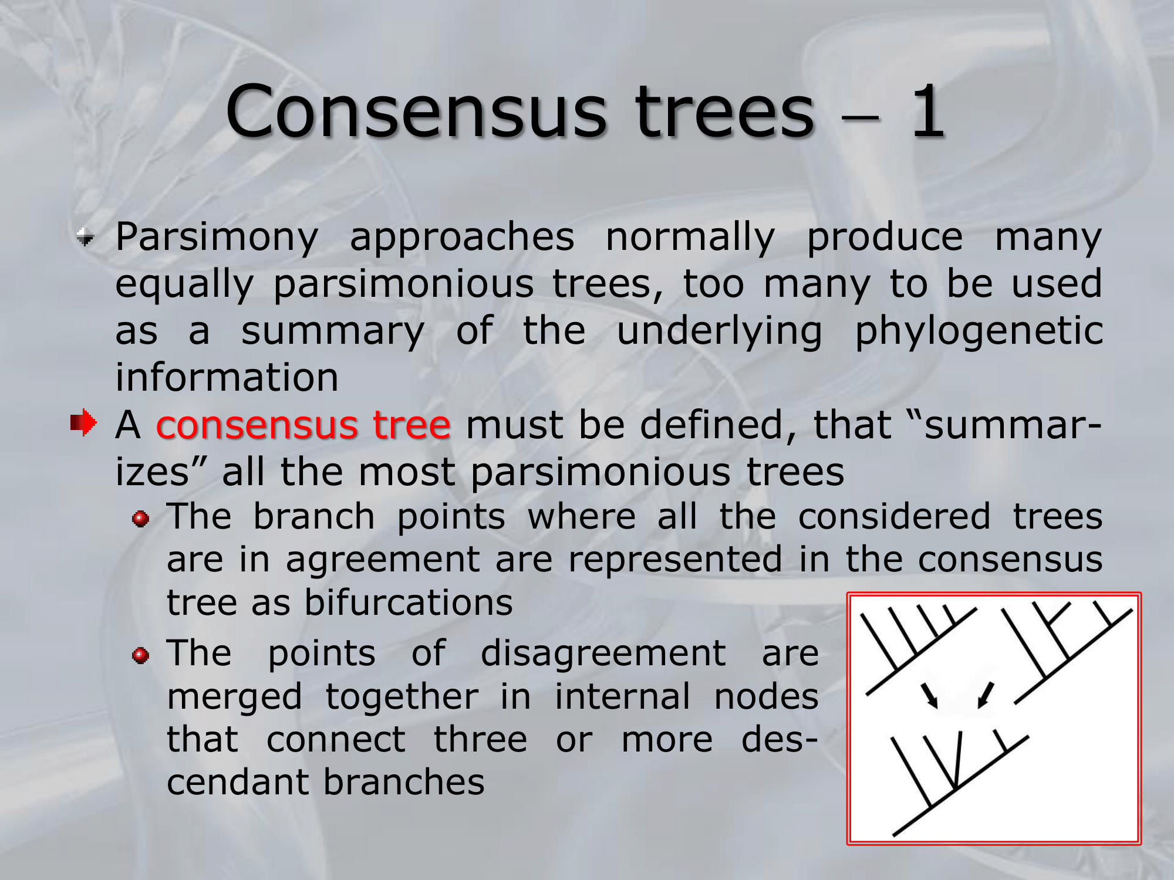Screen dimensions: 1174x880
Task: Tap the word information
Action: pos(227,377)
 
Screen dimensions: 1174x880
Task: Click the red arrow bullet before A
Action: pos(83,422)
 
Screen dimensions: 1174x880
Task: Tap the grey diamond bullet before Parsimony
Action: pos(86,238)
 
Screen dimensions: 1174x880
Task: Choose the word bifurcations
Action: pos(409,603)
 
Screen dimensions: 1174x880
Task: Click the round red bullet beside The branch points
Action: pos(141,519)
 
